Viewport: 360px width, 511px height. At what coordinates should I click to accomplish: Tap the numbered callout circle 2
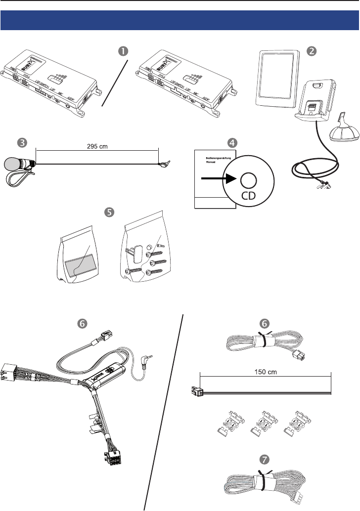pyautogui.click(x=311, y=51)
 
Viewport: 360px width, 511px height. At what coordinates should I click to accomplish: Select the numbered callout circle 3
pyautogui.click(x=22, y=142)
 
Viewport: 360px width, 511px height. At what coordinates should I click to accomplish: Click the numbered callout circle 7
pyautogui.click(x=266, y=459)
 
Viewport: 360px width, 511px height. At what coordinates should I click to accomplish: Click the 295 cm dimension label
pyautogui.click(x=96, y=146)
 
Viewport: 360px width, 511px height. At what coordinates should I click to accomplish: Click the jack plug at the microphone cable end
pyautogui.click(x=162, y=167)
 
